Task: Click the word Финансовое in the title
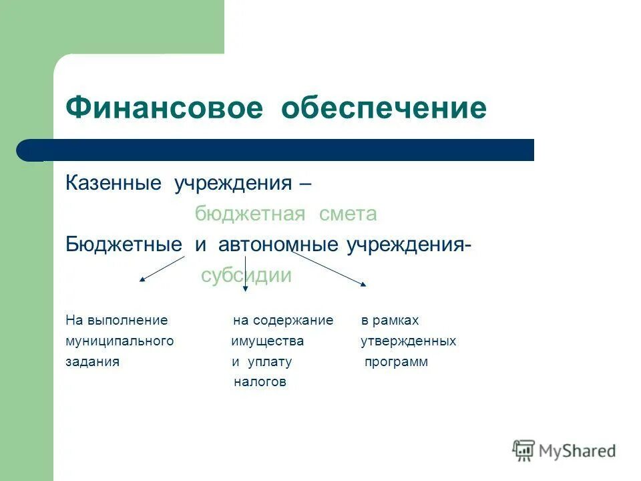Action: tap(164, 108)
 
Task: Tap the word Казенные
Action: tap(114, 183)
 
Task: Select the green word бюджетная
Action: tap(250, 214)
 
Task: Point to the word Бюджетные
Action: tap(124, 245)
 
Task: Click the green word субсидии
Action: tap(246, 275)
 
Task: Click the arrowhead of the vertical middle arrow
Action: tap(245, 288)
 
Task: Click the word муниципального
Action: tap(120, 341)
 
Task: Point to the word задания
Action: tap(92, 362)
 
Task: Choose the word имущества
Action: tap(267, 341)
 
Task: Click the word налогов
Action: tap(260, 383)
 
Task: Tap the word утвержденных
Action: tap(408, 341)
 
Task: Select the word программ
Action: tap(397, 362)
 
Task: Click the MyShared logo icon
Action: tap(524, 450)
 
